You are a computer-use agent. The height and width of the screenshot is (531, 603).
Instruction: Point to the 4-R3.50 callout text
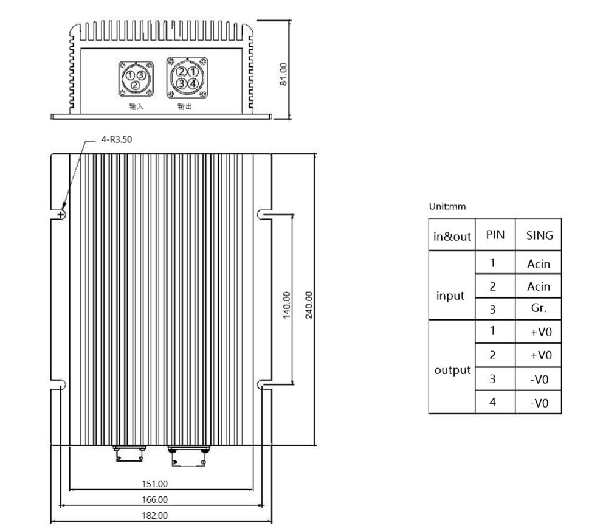pos(115,139)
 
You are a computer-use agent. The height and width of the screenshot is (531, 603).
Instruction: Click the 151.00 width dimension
pos(155,484)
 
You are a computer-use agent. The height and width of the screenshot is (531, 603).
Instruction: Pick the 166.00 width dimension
pos(155,500)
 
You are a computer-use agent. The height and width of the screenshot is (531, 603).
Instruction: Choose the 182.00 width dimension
pos(155,516)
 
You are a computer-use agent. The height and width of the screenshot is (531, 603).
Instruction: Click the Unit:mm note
pos(447,206)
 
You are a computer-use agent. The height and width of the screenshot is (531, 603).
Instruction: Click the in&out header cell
pos(452,236)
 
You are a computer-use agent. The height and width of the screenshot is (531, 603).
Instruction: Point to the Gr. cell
pos(538,308)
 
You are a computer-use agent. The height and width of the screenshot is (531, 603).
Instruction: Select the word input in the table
pos(451,296)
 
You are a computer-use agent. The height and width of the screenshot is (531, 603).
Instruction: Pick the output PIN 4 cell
pos(493,402)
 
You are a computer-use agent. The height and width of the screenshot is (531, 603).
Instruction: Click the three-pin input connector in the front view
pos(134,78)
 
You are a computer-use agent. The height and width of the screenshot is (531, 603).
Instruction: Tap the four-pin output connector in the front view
pos(187,77)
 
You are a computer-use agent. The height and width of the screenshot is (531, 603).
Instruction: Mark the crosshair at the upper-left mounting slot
pos(61,215)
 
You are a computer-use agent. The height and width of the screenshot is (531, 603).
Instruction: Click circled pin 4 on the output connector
pos(193,83)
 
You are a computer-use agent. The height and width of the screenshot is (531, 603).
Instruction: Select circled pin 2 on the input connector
pos(134,85)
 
